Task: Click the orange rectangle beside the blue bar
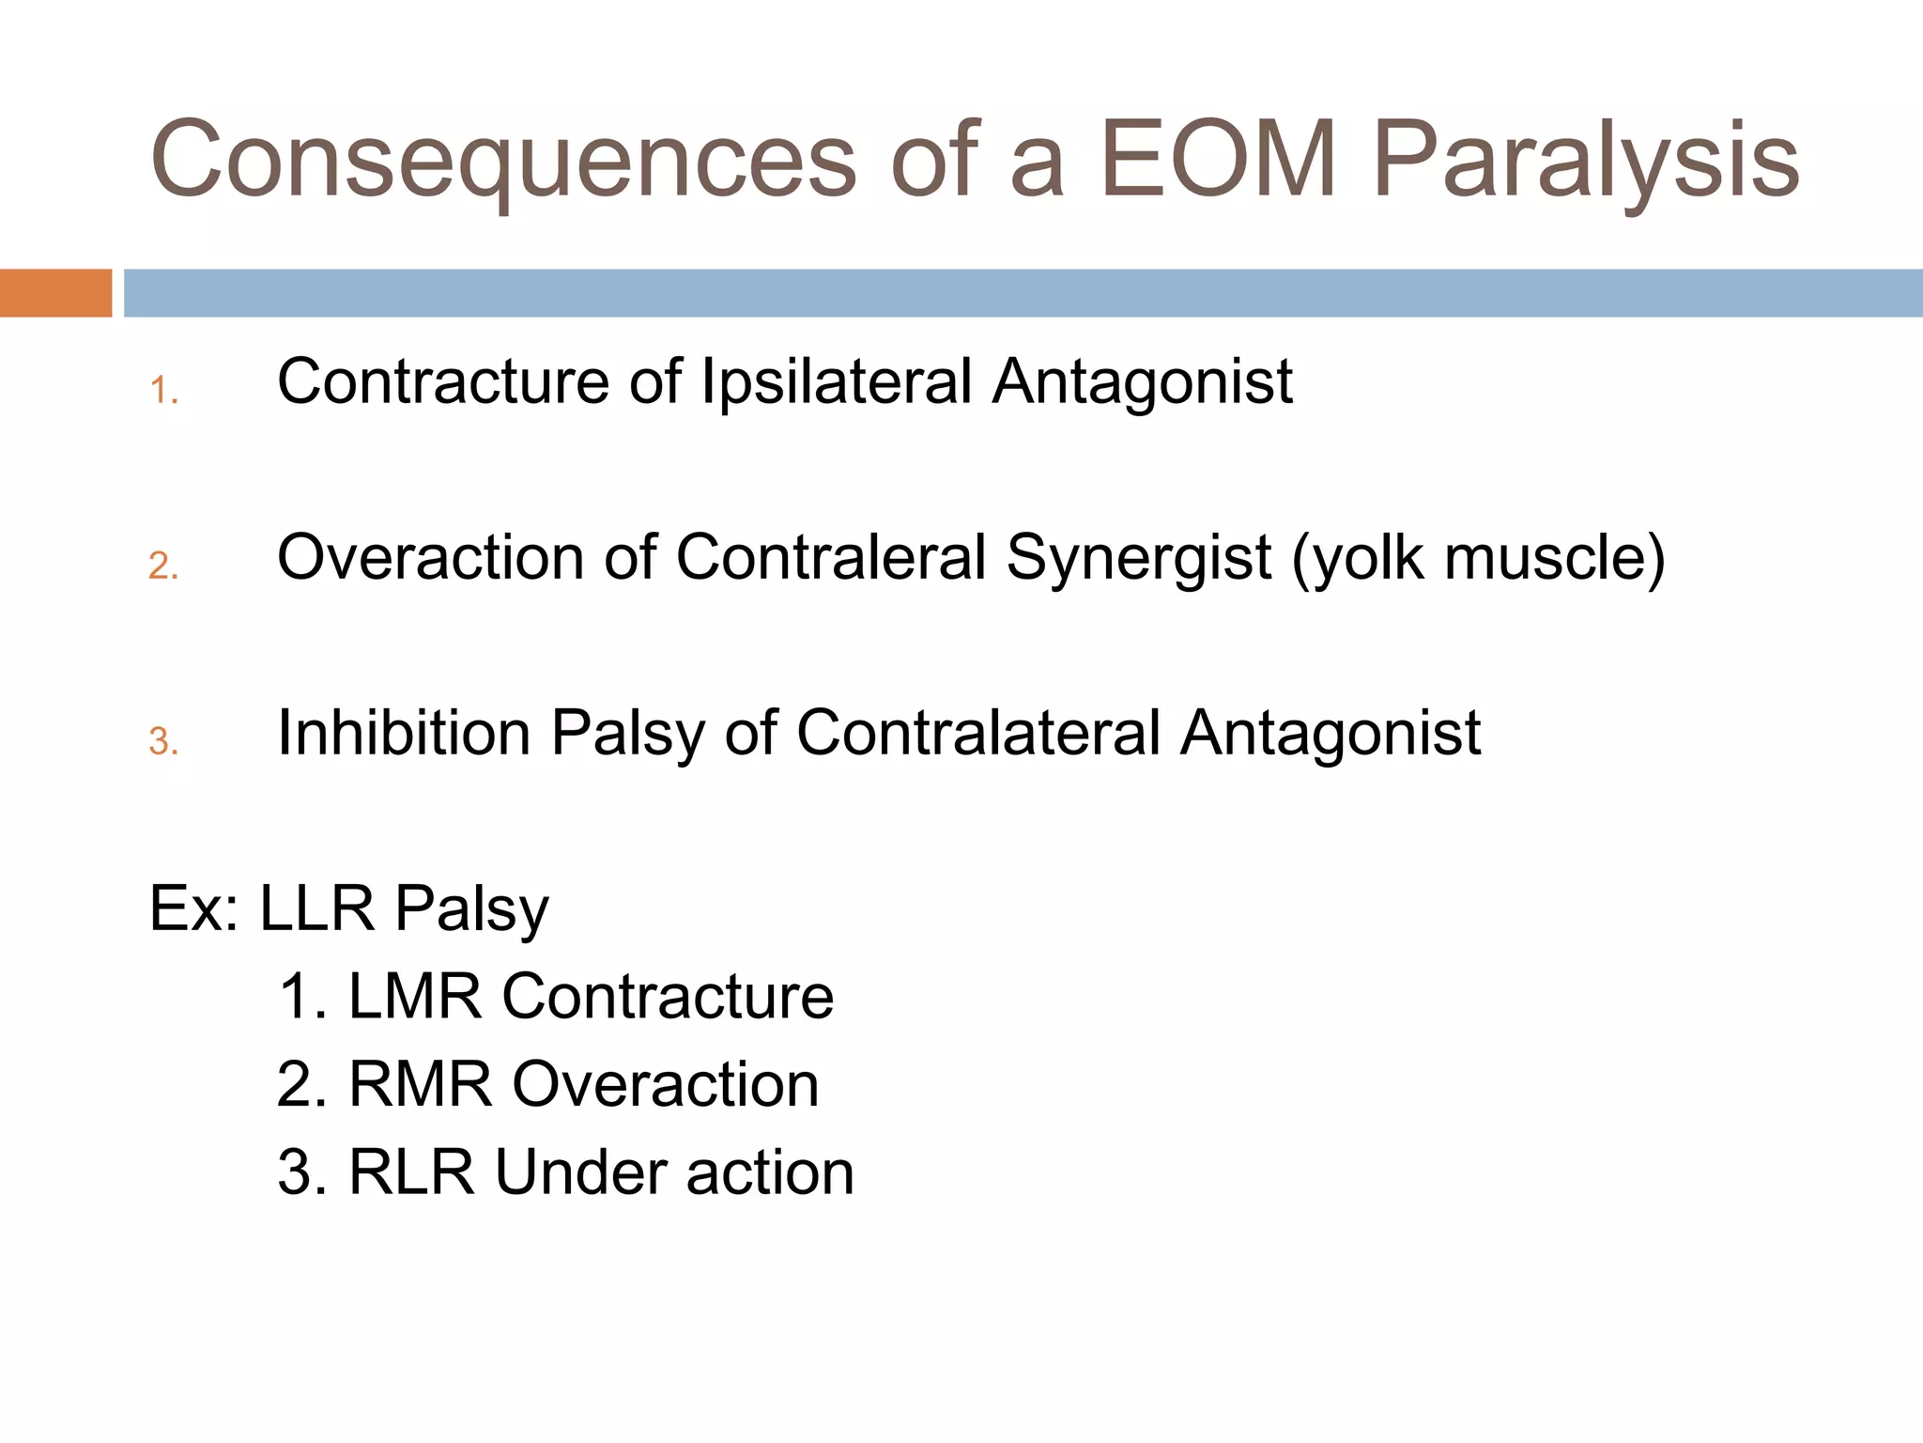(x=55, y=292)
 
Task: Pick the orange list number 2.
(x=163, y=566)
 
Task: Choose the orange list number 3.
(x=163, y=741)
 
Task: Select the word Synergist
(x=1138, y=557)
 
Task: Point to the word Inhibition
(x=404, y=733)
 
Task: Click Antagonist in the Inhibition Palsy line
(x=1331, y=733)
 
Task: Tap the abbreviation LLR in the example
(x=316, y=908)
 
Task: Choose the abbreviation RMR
(x=420, y=1085)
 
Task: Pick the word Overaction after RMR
(x=665, y=1085)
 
